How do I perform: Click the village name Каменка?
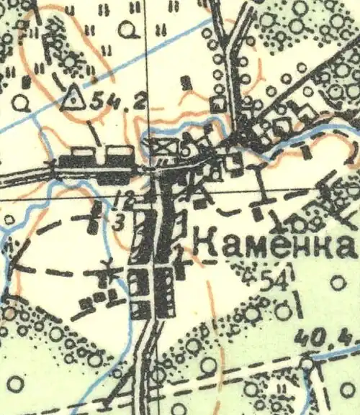point(276,245)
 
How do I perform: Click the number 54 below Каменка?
point(282,282)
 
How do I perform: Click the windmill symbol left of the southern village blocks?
point(109,273)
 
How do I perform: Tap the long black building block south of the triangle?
point(96,160)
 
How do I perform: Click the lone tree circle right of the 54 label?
point(338,282)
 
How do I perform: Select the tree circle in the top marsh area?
point(128,29)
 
